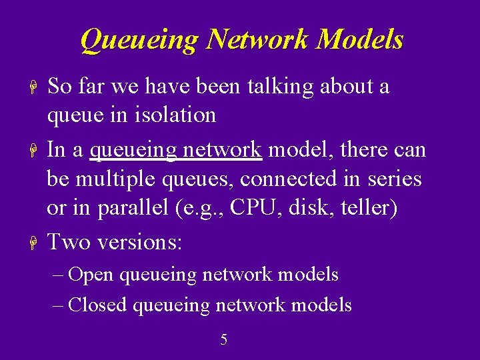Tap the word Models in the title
[x=360, y=40]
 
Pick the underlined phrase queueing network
[x=175, y=150]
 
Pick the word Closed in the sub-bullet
[x=98, y=305]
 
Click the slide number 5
[x=224, y=340]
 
